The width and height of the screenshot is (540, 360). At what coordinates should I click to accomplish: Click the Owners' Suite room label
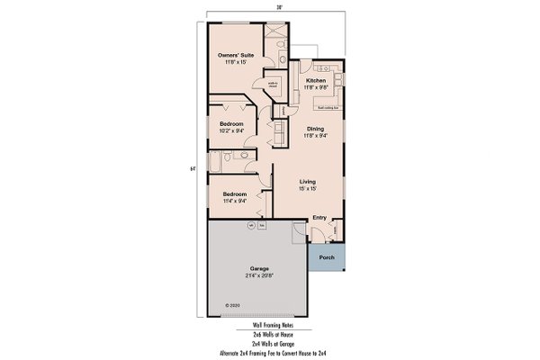235,56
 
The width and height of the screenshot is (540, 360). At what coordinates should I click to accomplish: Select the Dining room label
315,129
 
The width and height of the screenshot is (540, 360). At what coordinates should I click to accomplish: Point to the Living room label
308,181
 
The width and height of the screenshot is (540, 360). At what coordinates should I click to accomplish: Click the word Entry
319,218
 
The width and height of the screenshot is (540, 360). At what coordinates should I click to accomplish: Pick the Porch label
326,256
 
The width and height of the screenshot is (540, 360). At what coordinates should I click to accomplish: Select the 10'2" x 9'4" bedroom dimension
233,130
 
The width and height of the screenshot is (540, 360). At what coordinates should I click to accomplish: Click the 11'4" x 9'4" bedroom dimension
234,201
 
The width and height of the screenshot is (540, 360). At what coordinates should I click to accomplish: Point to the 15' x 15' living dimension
309,188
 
